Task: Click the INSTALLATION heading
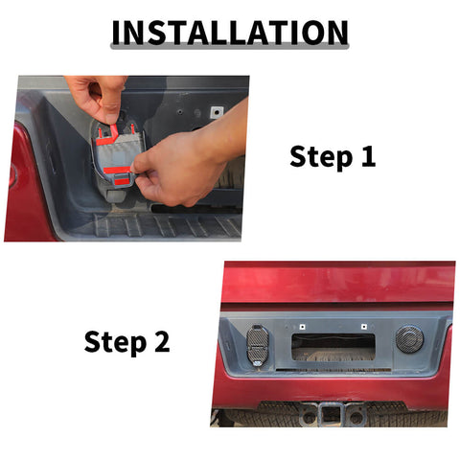click(x=230, y=33)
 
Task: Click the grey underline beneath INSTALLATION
click(x=230, y=47)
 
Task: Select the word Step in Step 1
click(x=321, y=157)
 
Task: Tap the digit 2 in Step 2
click(x=162, y=341)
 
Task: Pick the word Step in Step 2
click(x=115, y=342)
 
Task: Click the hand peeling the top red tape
click(x=98, y=98)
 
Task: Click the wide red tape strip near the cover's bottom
click(x=117, y=170)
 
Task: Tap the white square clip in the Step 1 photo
click(x=217, y=112)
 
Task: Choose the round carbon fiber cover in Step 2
click(x=410, y=339)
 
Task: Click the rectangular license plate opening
click(x=333, y=348)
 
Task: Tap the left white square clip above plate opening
click(x=302, y=327)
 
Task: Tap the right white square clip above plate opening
click(x=364, y=327)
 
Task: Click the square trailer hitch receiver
click(x=331, y=414)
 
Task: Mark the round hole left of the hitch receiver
click(x=309, y=417)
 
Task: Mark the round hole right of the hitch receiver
click(x=356, y=417)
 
